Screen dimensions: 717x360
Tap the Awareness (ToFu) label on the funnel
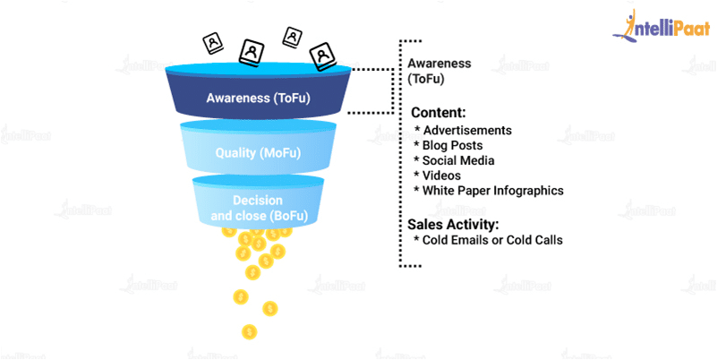[259, 98]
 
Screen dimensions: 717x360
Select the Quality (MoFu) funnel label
[259, 153]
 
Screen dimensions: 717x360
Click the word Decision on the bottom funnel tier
[258, 201]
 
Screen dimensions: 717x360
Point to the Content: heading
[439, 113]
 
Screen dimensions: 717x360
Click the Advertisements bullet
[463, 130]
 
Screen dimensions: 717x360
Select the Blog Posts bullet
[448, 145]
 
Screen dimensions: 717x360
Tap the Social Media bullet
[454, 160]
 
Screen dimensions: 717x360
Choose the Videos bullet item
[437, 176]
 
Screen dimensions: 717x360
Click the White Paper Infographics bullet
[489, 190]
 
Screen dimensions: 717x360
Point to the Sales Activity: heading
[452, 225]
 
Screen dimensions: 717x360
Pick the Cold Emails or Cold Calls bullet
[489, 240]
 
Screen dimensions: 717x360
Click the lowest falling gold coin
[249, 331]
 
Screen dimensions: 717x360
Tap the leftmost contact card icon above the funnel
[213, 44]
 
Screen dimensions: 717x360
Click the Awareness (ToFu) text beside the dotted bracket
[439, 71]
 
